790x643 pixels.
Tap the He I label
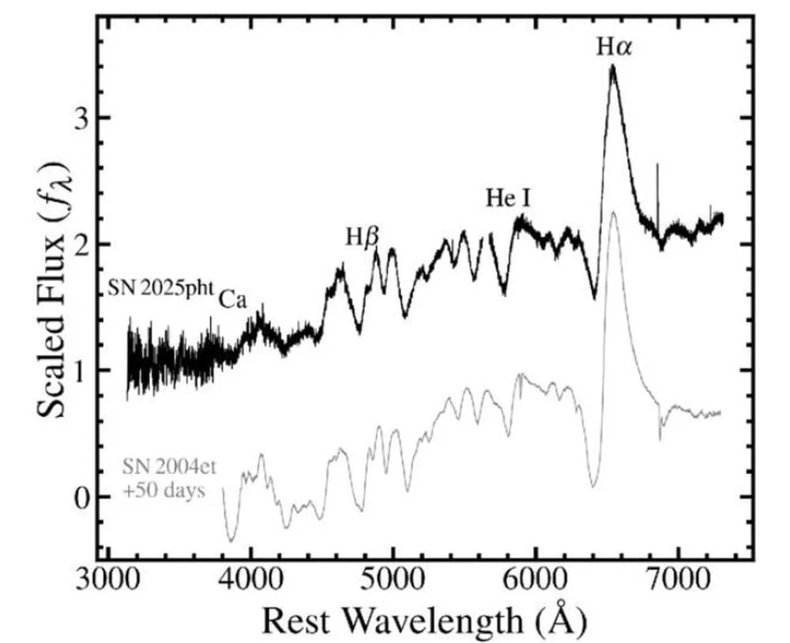click(508, 198)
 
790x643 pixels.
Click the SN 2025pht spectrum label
click(161, 288)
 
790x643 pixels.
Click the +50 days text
click(164, 489)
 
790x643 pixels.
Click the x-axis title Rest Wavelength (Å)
click(424, 621)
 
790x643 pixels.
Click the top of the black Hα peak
click(612, 66)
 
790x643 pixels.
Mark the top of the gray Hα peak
click(613, 212)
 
